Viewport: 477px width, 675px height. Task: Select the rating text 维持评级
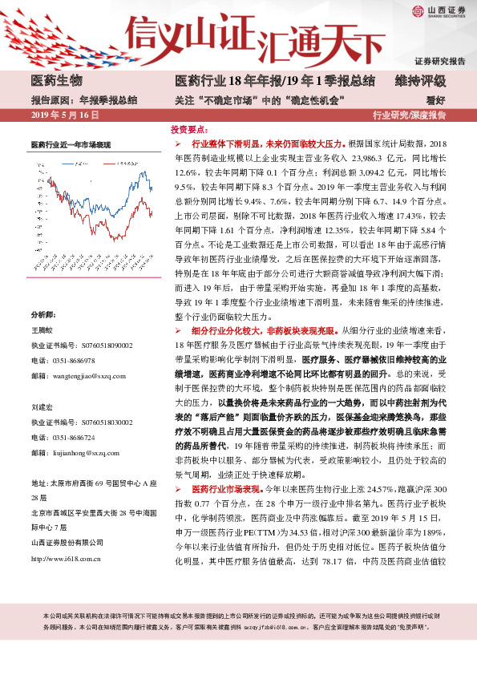(420, 81)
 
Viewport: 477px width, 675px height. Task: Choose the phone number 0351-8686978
(75, 337)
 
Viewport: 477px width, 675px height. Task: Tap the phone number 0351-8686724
(75, 438)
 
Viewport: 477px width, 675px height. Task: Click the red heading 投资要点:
(190, 128)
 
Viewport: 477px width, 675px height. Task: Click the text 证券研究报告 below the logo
(440, 62)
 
